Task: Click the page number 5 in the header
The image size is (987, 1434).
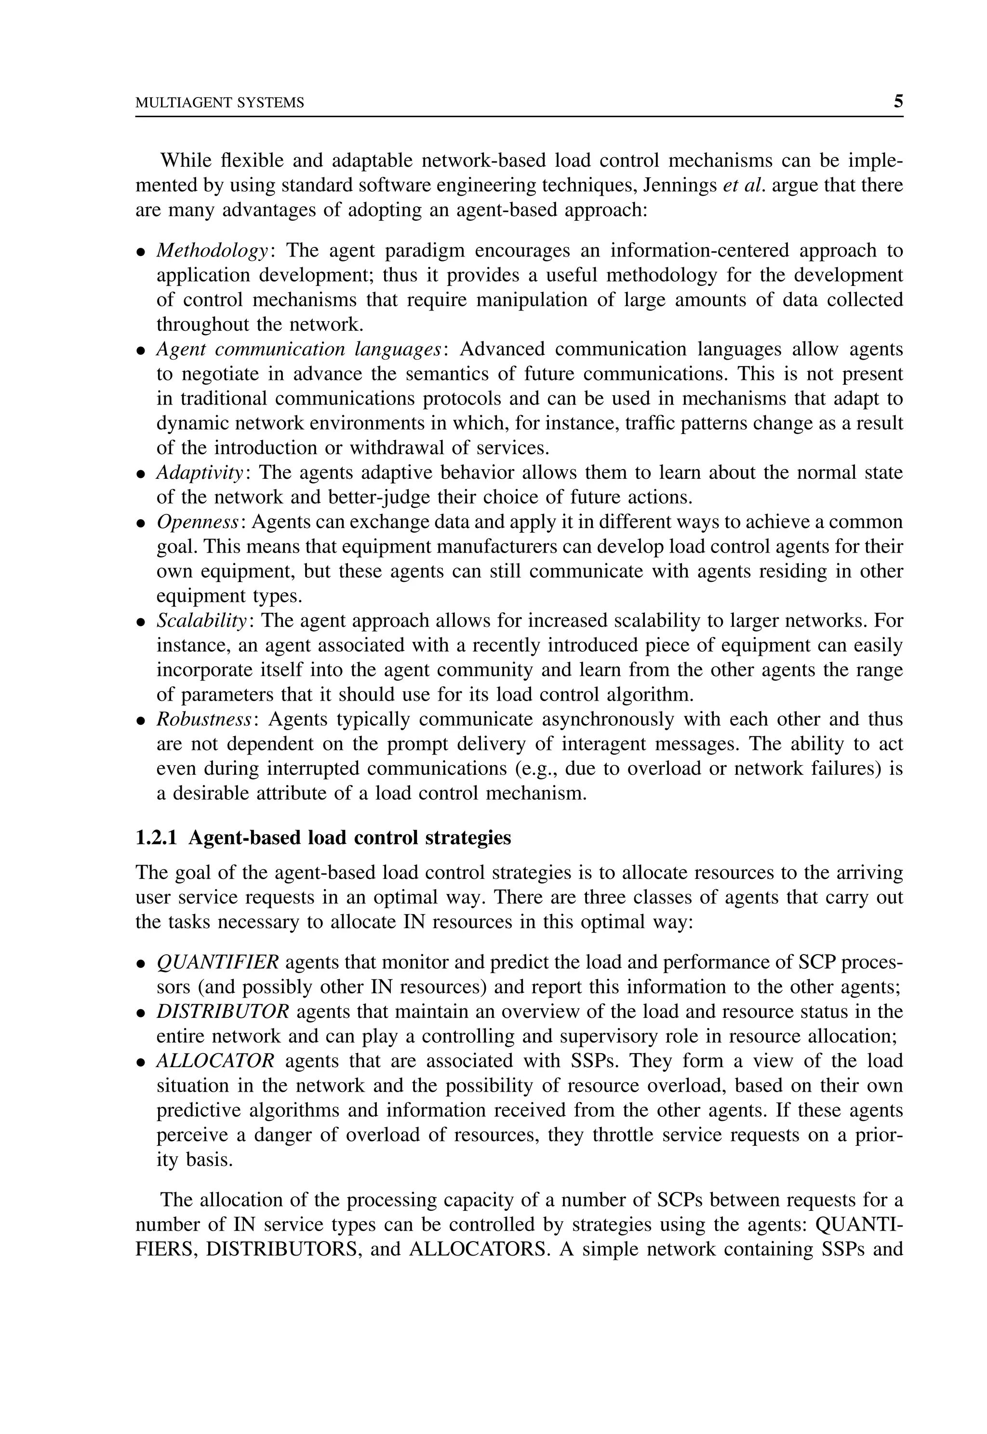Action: point(898,101)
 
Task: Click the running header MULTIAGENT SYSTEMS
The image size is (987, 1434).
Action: point(220,103)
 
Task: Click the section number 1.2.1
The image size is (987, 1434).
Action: point(156,838)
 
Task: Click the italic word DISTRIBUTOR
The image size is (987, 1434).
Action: point(222,1012)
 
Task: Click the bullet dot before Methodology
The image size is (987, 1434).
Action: point(141,252)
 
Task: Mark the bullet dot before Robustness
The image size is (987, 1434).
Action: point(141,721)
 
